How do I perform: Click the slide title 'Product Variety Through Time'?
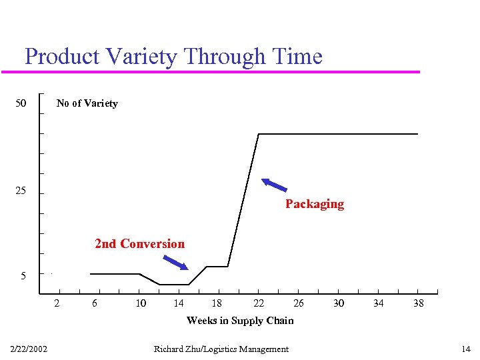pos(173,56)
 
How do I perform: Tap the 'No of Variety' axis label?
pos(87,103)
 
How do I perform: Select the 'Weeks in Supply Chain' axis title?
pos(240,321)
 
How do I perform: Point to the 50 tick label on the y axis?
pos(21,103)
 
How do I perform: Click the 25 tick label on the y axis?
pos(21,191)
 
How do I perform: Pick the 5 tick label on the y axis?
pos(23,275)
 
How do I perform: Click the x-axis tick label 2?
pos(57,303)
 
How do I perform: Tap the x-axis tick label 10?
pos(141,303)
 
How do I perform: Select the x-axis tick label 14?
pos(179,303)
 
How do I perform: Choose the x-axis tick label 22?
pos(259,303)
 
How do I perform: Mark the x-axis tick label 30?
pos(339,303)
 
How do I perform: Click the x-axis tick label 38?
pos(418,303)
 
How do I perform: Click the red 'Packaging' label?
pos(315,204)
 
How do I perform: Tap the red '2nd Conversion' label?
pos(140,244)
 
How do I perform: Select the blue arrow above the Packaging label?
pos(274,185)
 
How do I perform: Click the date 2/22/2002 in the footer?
pos(29,349)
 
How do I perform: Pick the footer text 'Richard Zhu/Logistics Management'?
pos(221,349)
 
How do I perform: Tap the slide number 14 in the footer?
pos(466,349)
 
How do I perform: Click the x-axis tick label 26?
pos(299,303)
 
